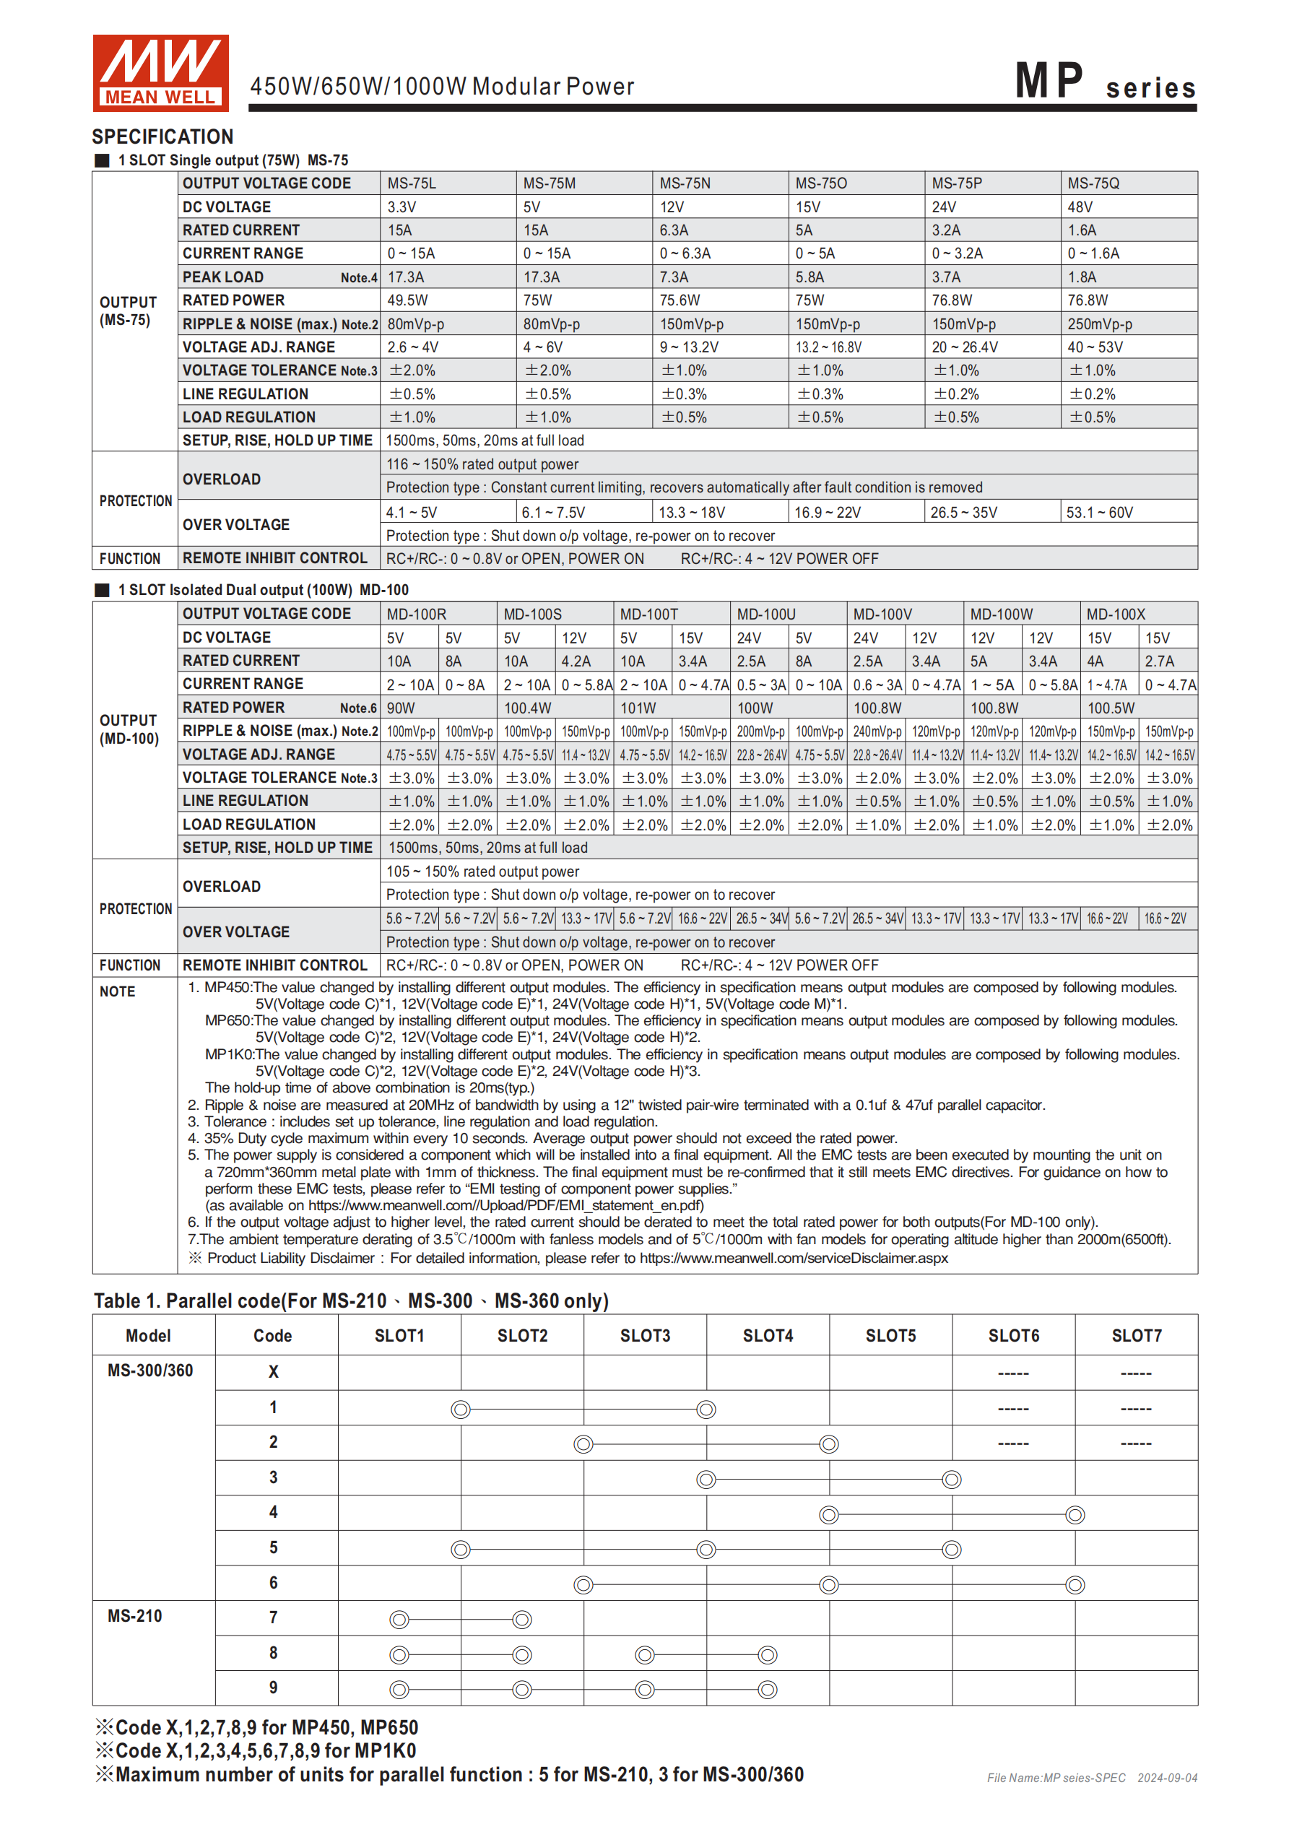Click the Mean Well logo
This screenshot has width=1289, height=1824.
click(160, 72)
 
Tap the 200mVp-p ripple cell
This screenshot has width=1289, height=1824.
click(760, 731)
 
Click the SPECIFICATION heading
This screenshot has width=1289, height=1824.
click(163, 136)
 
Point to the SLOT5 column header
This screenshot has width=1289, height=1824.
click(890, 1335)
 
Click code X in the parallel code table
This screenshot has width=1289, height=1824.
click(274, 1372)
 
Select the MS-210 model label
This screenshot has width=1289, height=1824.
click(135, 1616)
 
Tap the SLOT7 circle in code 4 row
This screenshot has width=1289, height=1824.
click(1075, 1515)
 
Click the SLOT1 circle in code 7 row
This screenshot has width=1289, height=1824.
click(399, 1619)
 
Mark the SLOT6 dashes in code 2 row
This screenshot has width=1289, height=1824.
click(1013, 1443)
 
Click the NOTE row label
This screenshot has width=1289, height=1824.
click(118, 991)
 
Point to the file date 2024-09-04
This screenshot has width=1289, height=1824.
click(1167, 1778)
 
